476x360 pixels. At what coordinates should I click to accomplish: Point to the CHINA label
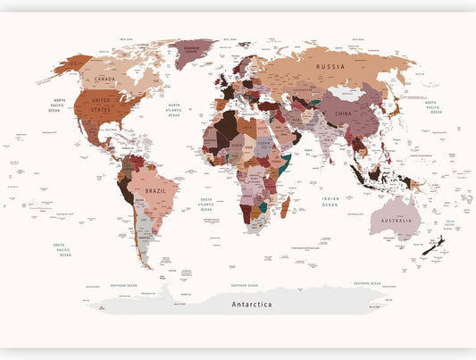point(341,114)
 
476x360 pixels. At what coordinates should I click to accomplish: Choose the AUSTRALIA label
point(396,222)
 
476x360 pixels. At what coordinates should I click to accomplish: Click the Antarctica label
point(252,305)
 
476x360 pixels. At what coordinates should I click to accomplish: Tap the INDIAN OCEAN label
point(330,203)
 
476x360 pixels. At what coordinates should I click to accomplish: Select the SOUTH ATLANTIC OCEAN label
point(206,203)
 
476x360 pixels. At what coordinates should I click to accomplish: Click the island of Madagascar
point(286,208)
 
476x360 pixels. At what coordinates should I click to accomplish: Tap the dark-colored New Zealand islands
point(435,247)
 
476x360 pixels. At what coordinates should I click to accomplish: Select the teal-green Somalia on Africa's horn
point(285,166)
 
